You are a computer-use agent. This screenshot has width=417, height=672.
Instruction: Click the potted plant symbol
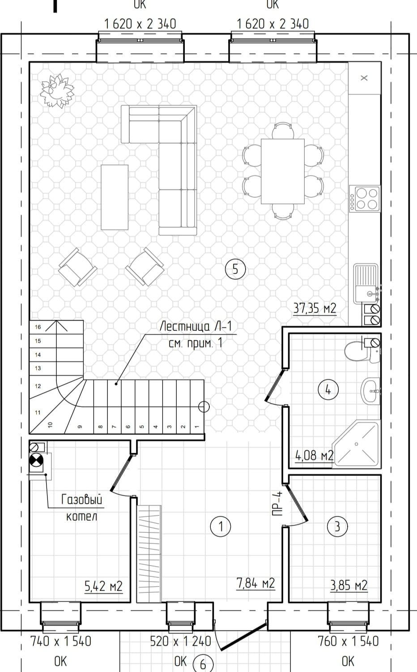pos(57,91)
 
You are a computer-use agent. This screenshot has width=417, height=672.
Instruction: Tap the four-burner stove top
pos(365,199)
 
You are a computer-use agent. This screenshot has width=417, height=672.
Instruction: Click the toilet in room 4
pos(362,351)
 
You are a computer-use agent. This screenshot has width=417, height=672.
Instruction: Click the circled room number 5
pos(235,269)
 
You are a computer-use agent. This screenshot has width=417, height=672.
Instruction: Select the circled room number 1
pos(221,526)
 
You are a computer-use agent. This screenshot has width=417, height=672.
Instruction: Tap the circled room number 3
pos(337,526)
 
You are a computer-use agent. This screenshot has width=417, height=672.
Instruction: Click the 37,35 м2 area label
pos(315,308)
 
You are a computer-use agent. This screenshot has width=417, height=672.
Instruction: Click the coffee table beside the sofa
pos(115,197)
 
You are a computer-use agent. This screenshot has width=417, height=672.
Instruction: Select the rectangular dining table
pos(282,171)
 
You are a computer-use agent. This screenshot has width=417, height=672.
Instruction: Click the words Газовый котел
pos(82,508)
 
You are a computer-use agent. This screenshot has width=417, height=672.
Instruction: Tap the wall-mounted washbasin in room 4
pos(370,390)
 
